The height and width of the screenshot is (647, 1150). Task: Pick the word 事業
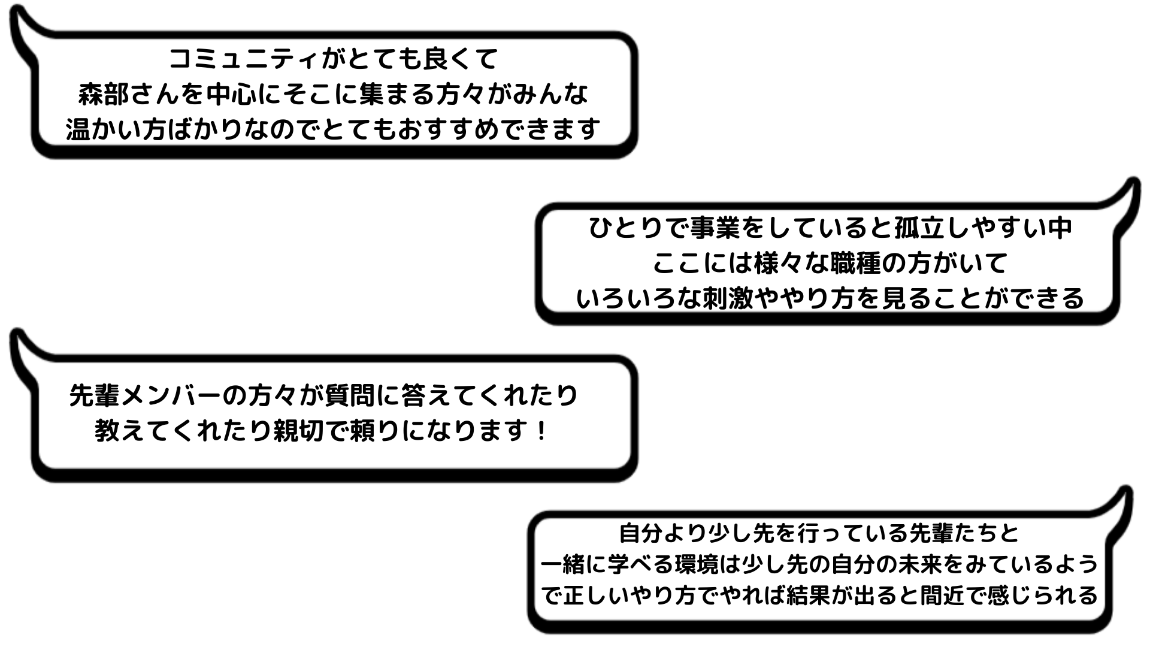pyautogui.click(x=715, y=228)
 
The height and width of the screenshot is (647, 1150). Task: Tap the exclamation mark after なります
pyautogui.click(x=540, y=431)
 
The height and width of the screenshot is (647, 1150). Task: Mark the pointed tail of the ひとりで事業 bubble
pyautogui.click(x=1130, y=192)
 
